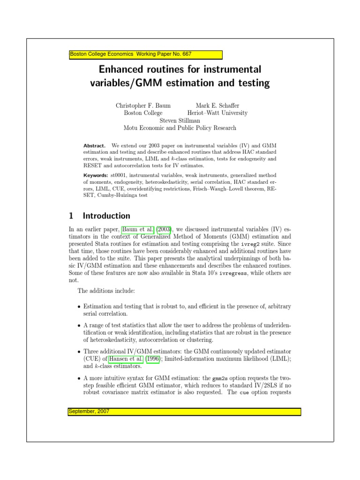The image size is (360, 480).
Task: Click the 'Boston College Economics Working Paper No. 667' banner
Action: pos(145,54)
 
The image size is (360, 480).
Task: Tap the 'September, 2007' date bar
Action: pos(185,411)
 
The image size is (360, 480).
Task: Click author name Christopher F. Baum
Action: pos(143,105)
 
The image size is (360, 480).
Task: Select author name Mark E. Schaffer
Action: pos(217,105)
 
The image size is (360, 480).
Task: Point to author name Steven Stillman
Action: pos(180,120)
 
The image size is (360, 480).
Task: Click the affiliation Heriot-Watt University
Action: pos(217,113)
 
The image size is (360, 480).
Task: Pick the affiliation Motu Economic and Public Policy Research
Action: pos(180,128)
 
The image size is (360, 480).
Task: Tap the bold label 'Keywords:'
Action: pos(96,175)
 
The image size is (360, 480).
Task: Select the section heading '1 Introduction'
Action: pos(99,216)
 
